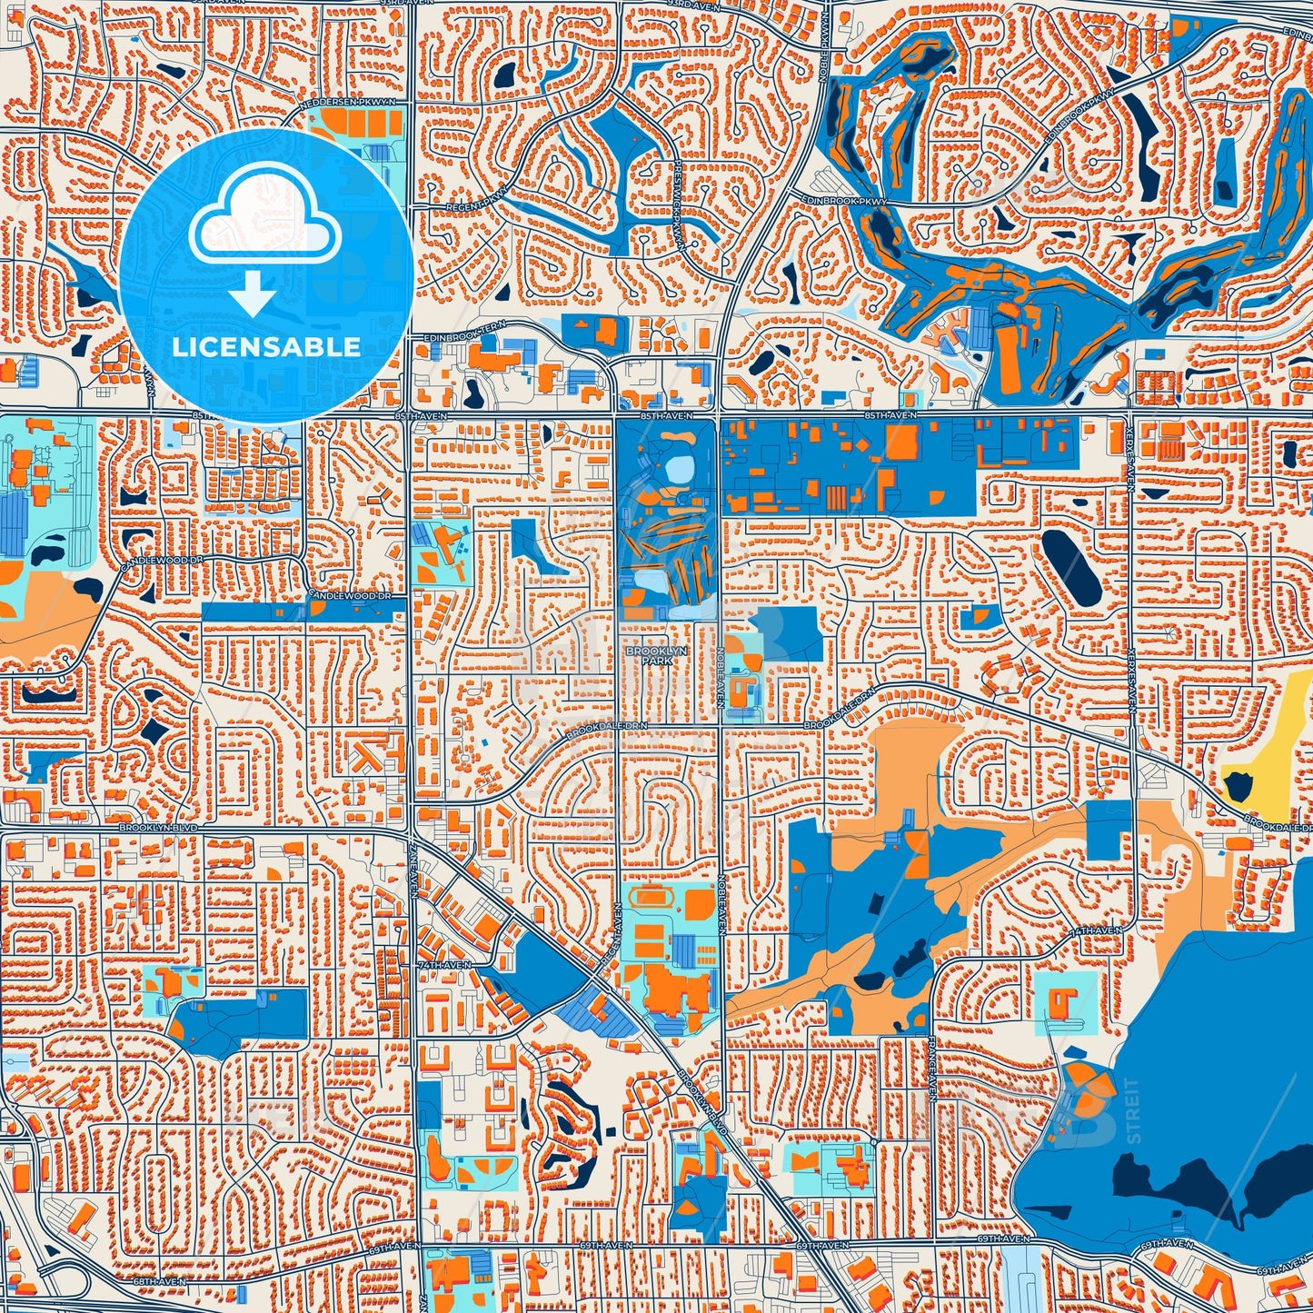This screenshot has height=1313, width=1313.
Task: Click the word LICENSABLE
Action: (x=265, y=347)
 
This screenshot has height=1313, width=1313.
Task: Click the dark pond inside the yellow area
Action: (x=1238, y=782)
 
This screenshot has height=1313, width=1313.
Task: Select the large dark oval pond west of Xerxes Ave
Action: (x=1070, y=566)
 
